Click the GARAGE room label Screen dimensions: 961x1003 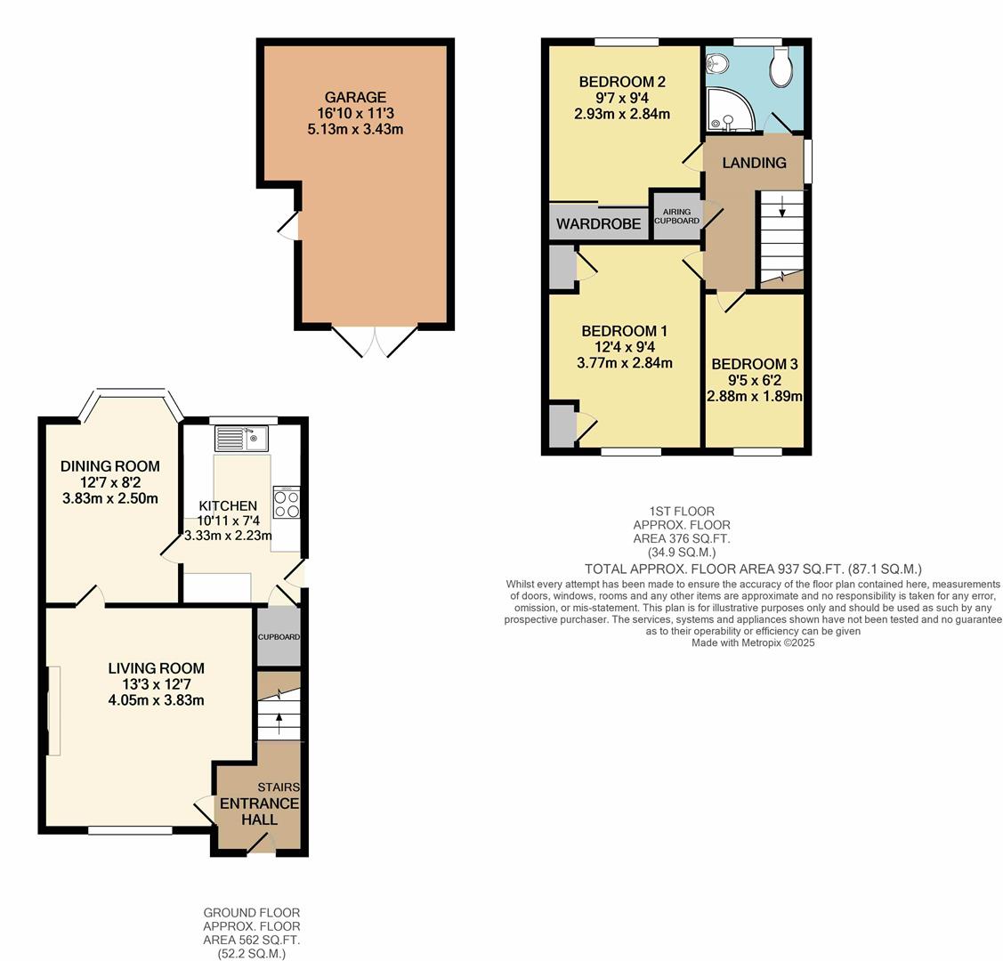click(x=355, y=97)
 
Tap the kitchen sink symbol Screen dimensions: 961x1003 click(x=240, y=439)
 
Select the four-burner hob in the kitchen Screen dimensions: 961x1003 click(x=286, y=504)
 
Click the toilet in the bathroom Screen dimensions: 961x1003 click(x=781, y=69)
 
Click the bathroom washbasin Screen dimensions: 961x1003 click(x=717, y=63)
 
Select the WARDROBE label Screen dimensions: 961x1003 click(x=598, y=224)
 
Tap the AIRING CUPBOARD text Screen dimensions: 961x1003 click(x=677, y=216)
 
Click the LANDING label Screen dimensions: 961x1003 click(x=754, y=163)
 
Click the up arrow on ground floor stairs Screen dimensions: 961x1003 click(x=279, y=720)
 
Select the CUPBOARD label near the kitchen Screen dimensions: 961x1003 click(x=279, y=637)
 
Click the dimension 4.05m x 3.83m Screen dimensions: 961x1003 click(x=156, y=700)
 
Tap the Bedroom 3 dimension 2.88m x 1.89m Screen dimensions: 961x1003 click(x=755, y=396)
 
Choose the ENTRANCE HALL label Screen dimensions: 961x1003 click(x=259, y=811)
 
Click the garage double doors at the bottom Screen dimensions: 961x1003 click(x=375, y=341)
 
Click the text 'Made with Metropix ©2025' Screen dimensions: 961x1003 click(x=753, y=642)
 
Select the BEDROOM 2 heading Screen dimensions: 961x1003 click(x=621, y=82)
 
